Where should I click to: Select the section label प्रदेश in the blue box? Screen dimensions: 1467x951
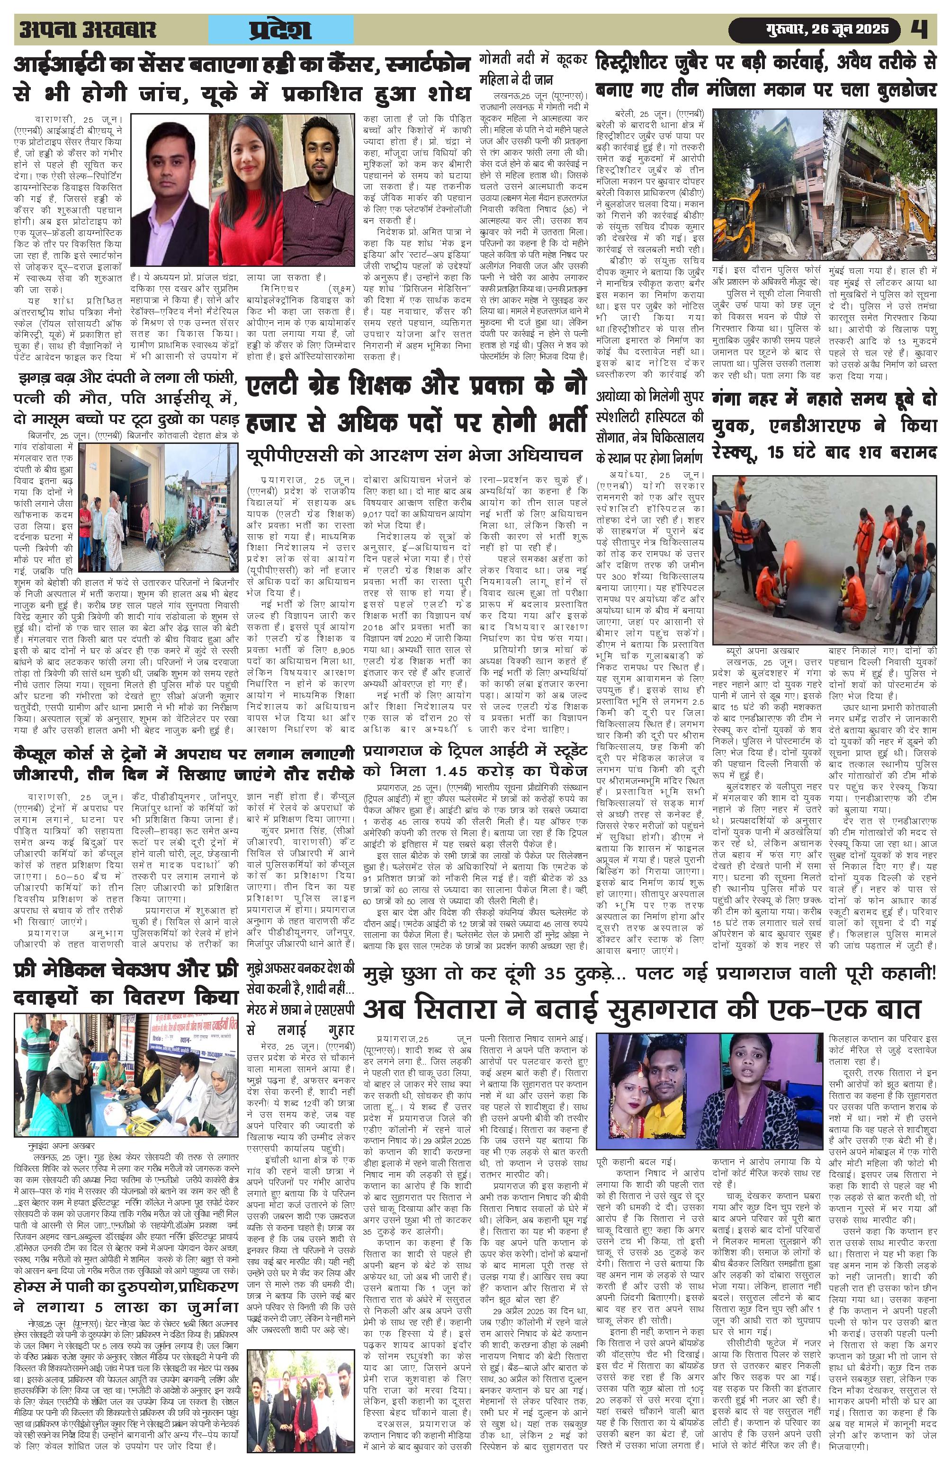coord(281,30)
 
